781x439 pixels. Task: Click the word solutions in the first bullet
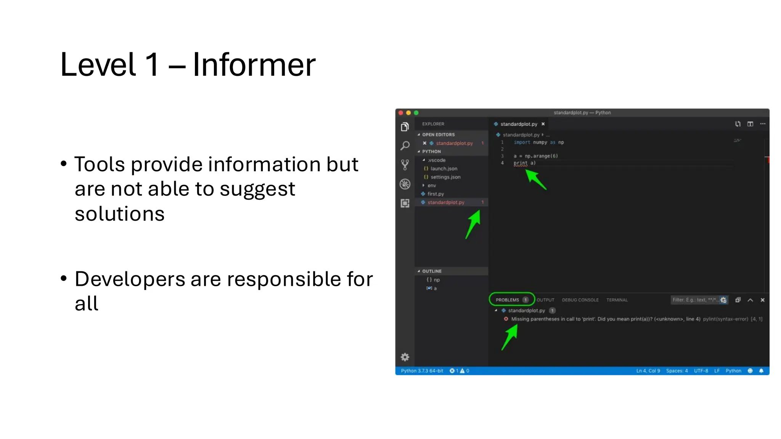pyautogui.click(x=119, y=214)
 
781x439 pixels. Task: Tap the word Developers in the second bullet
pyautogui.click(x=130, y=279)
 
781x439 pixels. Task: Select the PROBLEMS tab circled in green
pyautogui.click(x=507, y=300)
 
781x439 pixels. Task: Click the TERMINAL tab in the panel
pyautogui.click(x=617, y=300)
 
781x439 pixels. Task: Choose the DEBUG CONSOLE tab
pyautogui.click(x=580, y=300)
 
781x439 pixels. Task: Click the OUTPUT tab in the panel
pyautogui.click(x=545, y=300)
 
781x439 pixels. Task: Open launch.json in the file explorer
pyautogui.click(x=444, y=168)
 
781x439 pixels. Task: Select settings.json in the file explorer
pyautogui.click(x=445, y=177)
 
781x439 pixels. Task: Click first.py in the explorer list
pyautogui.click(x=435, y=194)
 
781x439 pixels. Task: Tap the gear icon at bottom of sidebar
pyautogui.click(x=405, y=357)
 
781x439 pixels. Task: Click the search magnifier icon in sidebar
pyautogui.click(x=405, y=146)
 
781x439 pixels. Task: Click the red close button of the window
pyautogui.click(x=401, y=113)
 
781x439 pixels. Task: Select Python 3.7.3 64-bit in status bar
pyautogui.click(x=422, y=371)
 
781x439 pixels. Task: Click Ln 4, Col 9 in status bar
pyautogui.click(x=648, y=371)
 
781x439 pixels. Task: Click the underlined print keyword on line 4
pyautogui.click(x=520, y=163)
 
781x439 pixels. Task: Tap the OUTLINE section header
pyautogui.click(x=432, y=271)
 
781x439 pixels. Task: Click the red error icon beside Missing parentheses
pyautogui.click(x=506, y=319)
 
